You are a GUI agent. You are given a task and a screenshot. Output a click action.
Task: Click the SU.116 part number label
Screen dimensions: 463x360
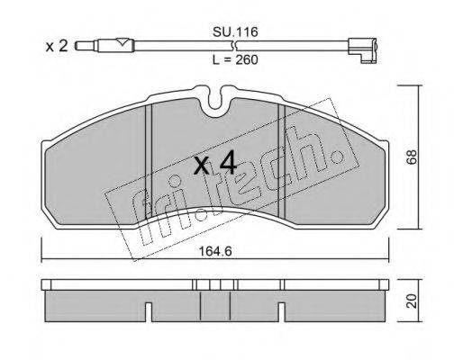tap(235, 31)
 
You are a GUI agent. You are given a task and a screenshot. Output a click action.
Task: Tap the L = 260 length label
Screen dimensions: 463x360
tap(235, 60)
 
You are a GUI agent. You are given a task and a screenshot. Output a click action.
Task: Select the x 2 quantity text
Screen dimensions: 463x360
tap(57, 47)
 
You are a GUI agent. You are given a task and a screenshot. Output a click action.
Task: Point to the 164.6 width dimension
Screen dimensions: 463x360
tap(215, 251)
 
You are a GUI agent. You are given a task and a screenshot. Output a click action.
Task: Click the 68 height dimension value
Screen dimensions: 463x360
tap(412, 157)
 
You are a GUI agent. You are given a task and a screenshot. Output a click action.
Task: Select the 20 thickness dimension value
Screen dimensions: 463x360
tap(412, 301)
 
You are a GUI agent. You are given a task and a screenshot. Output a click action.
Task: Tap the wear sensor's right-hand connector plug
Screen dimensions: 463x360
tap(362, 50)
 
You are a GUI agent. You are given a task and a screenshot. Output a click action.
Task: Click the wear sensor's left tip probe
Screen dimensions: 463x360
tap(85, 46)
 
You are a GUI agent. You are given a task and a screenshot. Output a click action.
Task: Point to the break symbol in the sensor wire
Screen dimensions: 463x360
tap(235, 46)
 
